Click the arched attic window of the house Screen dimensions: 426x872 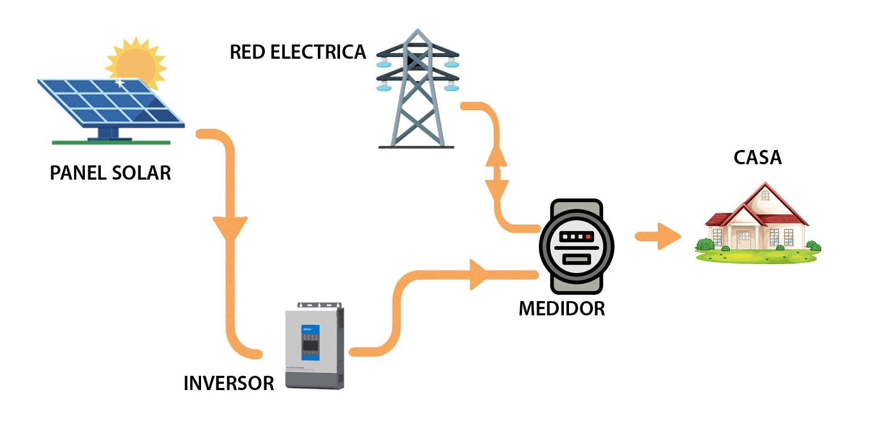tap(765, 195)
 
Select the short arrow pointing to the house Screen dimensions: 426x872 tap(658, 236)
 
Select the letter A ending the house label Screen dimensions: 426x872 tap(775, 157)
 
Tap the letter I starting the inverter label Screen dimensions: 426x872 tap(186, 383)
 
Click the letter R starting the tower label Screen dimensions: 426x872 tap(236, 52)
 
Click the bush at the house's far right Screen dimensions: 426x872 tap(813, 246)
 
